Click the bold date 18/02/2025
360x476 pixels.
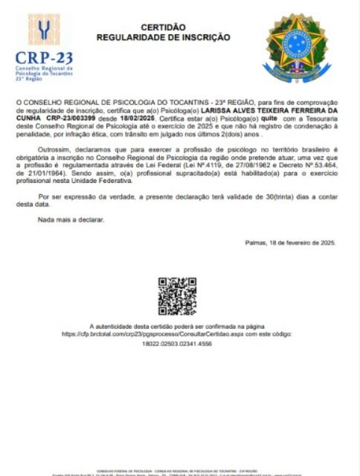point(134,118)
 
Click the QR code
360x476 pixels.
point(177,295)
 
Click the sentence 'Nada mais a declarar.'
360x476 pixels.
point(71,219)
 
